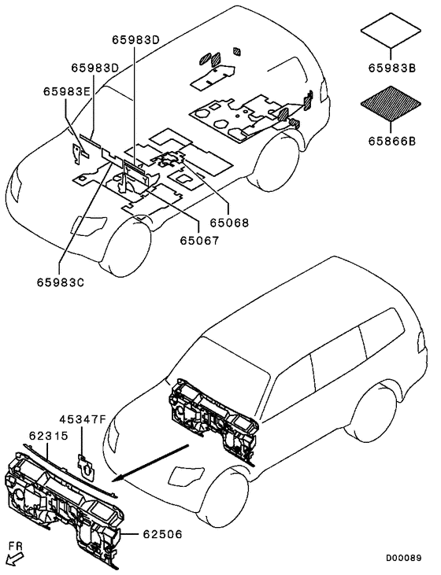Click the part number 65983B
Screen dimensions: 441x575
pos(392,68)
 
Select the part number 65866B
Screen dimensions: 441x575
pos(392,141)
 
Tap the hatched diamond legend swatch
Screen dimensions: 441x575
pos(391,103)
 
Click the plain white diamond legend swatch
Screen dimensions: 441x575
pos(391,31)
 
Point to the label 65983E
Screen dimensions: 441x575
pos(66,91)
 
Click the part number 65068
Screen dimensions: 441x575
pos(229,223)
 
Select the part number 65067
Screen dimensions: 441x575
pos(199,241)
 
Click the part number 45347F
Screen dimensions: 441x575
pos(83,418)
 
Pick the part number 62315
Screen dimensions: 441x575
pos(49,436)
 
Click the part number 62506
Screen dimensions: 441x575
pos(162,534)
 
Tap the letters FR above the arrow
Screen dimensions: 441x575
pos(16,546)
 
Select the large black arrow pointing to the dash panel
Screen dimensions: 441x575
pos(151,462)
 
